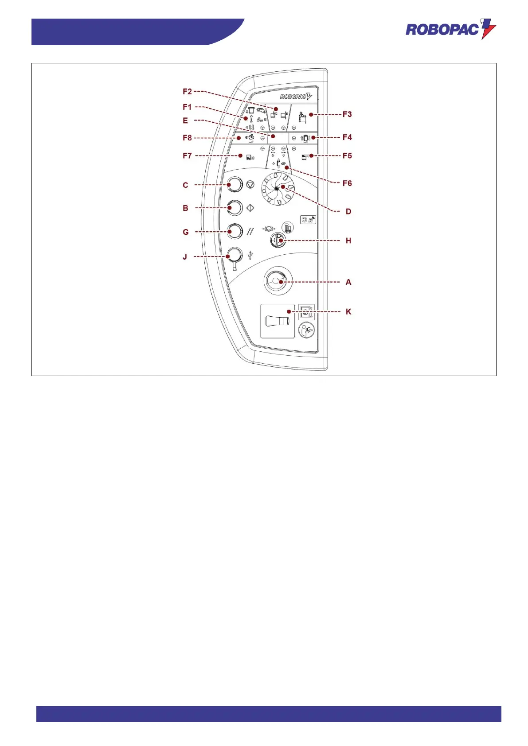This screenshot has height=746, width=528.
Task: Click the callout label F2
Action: click(x=187, y=92)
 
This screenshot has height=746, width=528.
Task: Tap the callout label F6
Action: click(x=347, y=183)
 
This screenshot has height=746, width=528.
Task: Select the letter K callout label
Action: click(x=348, y=312)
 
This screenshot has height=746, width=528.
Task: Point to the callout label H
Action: click(x=348, y=241)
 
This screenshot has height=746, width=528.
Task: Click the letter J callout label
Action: click(x=185, y=257)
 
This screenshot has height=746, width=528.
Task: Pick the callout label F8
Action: click(x=187, y=138)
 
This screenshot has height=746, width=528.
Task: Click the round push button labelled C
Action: click(x=235, y=185)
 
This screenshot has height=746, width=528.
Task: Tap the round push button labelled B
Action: click(x=235, y=207)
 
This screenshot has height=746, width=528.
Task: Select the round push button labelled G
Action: click(x=235, y=231)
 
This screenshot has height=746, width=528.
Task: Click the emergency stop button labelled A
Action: click(x=278, y=281)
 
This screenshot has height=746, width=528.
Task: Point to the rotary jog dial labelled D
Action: click(x=278, y=189)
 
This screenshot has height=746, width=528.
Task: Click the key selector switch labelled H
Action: click(x=278, y=241)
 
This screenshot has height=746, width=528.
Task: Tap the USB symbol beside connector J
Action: click(x=251, y=255)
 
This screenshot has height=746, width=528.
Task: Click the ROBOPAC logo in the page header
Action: click(x=450, y=29)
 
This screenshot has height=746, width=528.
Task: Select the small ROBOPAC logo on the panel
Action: click(x=296, y=97)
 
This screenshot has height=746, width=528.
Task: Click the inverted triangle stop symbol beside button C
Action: click(x=250, y=185)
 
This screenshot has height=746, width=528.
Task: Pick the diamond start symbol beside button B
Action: click(x=250, y=207)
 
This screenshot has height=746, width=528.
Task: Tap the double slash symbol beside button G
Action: click(x=250, y=231)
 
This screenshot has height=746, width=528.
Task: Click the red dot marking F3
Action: click(x=311, y=115)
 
